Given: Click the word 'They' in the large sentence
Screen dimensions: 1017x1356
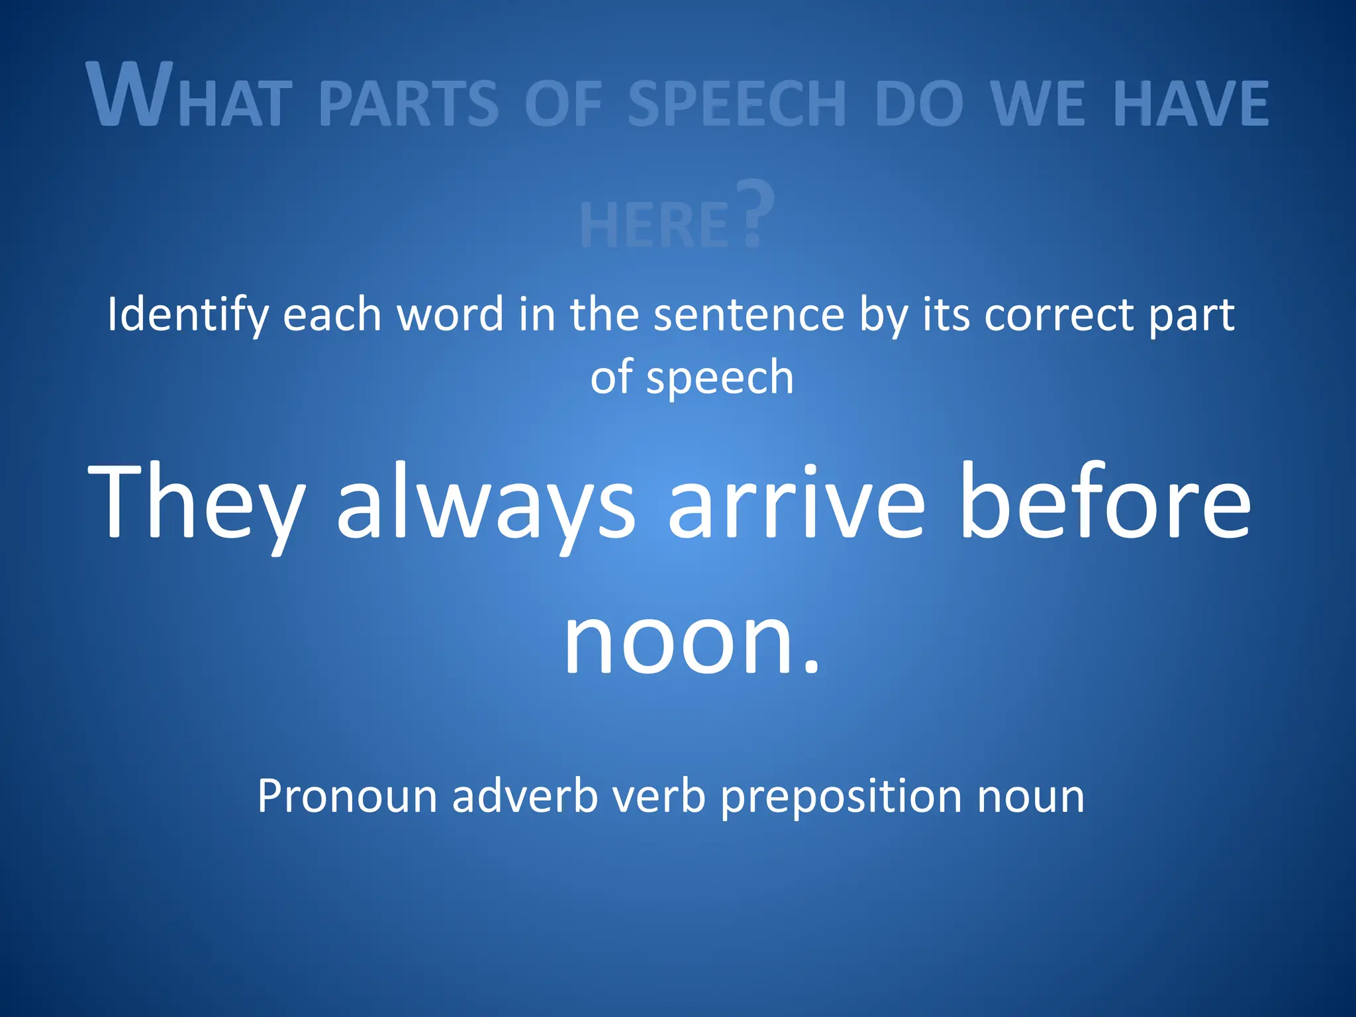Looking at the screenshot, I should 196,501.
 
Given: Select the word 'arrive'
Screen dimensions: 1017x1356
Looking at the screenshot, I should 796,501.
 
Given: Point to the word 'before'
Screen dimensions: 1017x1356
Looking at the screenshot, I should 1105,501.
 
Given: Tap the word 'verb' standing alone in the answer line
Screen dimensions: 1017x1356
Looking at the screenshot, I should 659,796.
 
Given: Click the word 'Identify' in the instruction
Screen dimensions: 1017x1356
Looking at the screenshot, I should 187,315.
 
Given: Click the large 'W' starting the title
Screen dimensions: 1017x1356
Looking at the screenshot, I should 130,94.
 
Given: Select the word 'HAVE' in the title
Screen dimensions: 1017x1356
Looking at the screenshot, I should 1191,103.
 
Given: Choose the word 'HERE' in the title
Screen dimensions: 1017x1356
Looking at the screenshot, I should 654,225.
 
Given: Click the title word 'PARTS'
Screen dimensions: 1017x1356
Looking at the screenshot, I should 409,103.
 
